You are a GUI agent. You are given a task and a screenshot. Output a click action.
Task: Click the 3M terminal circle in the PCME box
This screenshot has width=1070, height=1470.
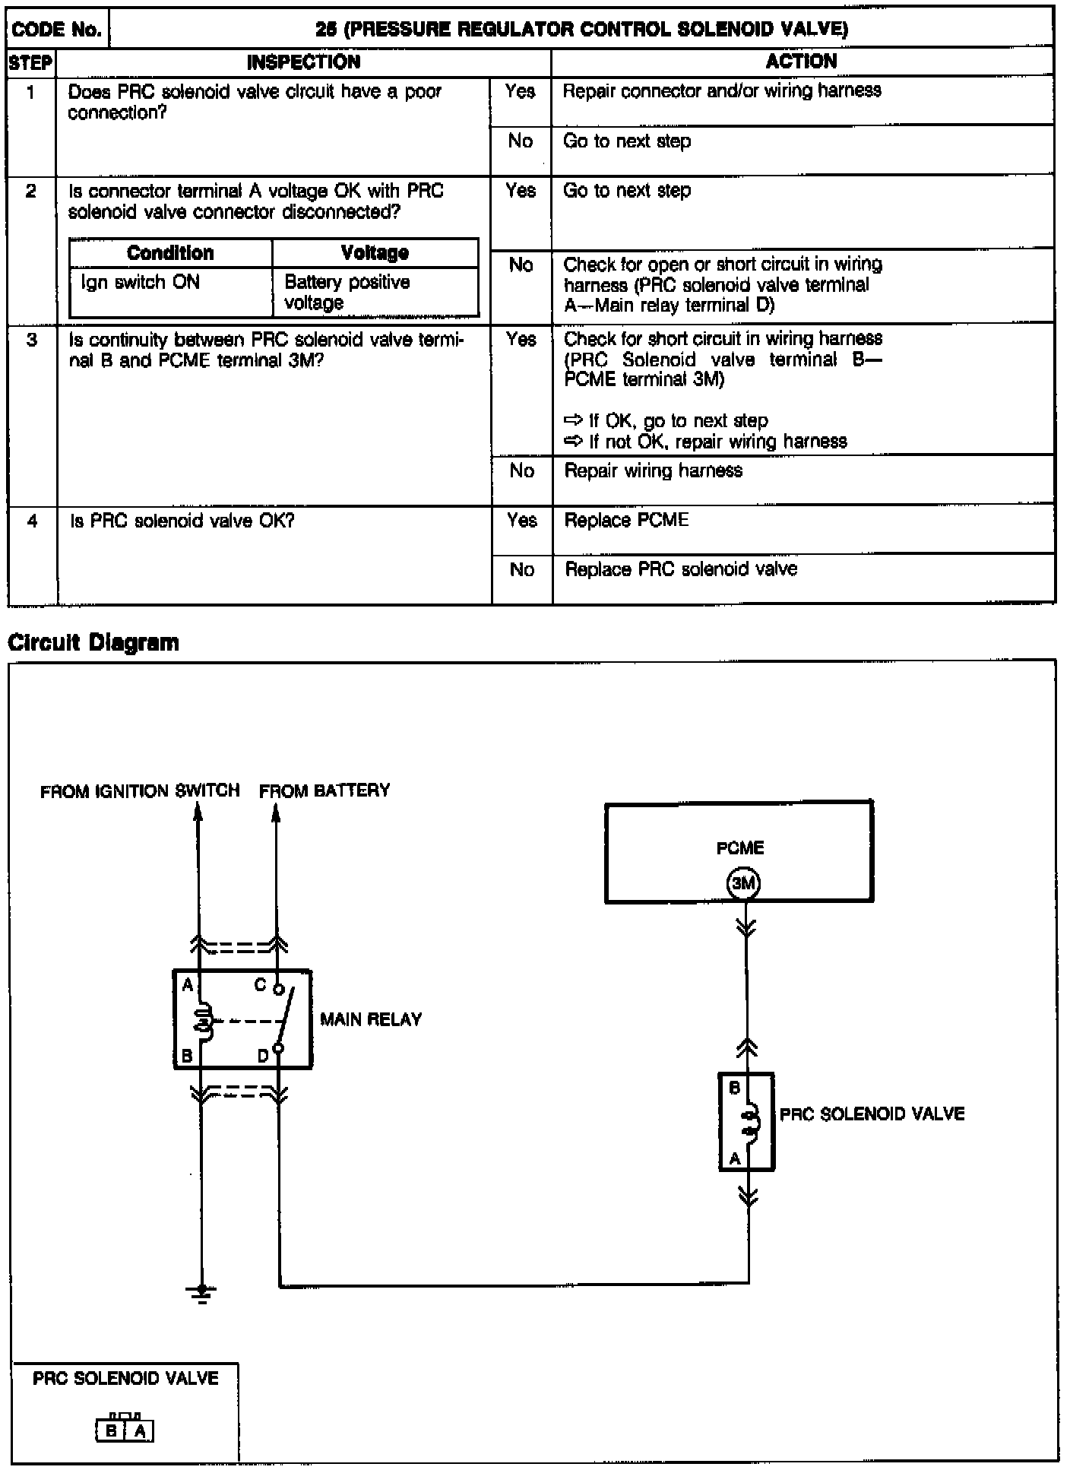pyautogui.click(x=743, y=884)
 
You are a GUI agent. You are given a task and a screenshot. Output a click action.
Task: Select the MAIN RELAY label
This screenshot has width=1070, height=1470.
pyautogui.click(x=371, y=1019)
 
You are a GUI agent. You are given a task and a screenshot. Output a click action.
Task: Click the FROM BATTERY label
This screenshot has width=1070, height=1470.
pyautogui.click(x=324, y=790)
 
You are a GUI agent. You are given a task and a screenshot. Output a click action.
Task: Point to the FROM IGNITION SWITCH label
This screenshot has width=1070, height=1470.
pyautogui.click(x=140, y=791)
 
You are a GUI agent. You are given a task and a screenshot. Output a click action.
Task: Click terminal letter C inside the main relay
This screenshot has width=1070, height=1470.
pyautogui.click(x=260, y=985)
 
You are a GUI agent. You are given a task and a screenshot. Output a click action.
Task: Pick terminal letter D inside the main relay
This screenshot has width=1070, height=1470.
pyautogui.click(x=262, y=1056)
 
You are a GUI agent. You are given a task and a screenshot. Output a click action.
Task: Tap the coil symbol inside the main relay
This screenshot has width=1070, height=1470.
pyautogui.click(x=202, y=1019)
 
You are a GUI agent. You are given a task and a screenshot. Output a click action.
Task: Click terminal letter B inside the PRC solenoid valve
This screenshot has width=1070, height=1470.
pyautogui.click(x=734, y=1088)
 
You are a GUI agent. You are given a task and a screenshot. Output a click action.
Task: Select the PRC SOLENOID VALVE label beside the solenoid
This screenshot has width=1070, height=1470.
pyautogui.click(x=872, y=1114)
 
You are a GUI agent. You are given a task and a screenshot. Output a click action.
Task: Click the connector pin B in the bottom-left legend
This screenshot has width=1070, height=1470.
pyautogui.click(x=112, y=1432)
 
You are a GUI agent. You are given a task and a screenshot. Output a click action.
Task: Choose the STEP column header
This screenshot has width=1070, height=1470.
pyautogui.click(x=31, y=62)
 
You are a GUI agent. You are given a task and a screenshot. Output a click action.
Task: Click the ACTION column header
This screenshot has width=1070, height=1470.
pyautogui.click(x=801, y=62)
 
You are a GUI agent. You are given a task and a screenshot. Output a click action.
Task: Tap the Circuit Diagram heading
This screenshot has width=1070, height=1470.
pyautogui.click(x=93, y=643)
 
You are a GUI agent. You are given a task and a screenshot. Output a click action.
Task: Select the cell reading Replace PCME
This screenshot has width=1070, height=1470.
pyautogui.click(x=627, y=521)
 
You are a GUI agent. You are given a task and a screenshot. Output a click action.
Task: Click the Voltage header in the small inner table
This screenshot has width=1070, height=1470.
pyautogui.click(x=375, y=253)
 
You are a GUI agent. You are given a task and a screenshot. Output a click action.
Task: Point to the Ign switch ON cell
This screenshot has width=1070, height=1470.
pyautogui.click(x=141, y=283)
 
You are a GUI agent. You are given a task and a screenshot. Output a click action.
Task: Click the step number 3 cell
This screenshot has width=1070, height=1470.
pyautogui.click(x=32, y=340)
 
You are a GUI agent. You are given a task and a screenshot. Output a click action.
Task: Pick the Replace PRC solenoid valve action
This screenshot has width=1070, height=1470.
pyautogui.click(x=681, y=570)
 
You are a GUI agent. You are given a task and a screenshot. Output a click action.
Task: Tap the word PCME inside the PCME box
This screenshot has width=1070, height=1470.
pyautogui.click(x=739, y=848)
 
